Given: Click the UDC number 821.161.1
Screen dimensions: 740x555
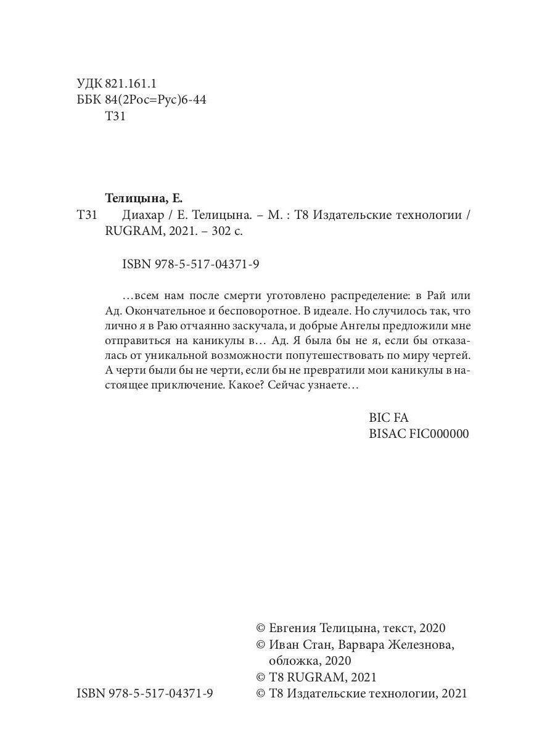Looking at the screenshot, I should click(132, 84).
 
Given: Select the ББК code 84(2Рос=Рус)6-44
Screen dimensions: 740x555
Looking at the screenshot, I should click(156, 100).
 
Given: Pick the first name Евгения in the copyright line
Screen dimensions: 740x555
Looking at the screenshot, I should click(292, 628).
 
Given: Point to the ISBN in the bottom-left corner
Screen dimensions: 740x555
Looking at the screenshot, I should click(145, 693).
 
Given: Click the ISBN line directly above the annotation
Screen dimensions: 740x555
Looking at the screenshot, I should click(191, 264).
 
